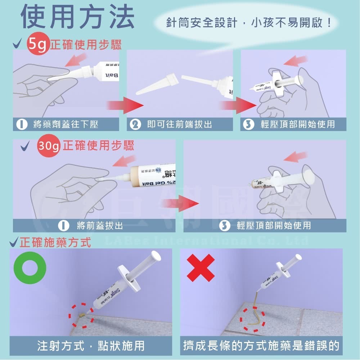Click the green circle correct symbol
pos(30,268)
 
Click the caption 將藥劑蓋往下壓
pos(66,125)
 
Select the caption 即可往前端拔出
pos(180,125)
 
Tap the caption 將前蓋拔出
pos(100,226)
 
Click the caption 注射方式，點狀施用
pos(91,346)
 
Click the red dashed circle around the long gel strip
pos(253,319)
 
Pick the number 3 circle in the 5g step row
pos(247,125)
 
